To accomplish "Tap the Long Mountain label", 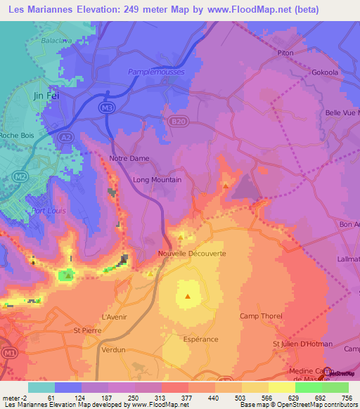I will click(157, 180).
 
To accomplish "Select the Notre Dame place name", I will click(129, 159).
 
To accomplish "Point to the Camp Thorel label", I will click(261, 316).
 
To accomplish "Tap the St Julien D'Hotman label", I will click(302, 344).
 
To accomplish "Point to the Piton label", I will click(285, 51).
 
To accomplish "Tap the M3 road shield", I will click(106, 107).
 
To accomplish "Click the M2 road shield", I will click(20, 176).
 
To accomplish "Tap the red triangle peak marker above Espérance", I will click(188, 296).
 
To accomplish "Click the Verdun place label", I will click(113, 349).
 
